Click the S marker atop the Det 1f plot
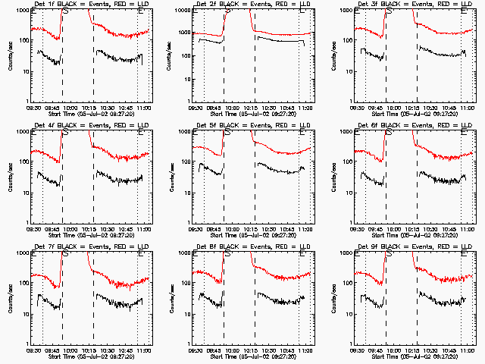[64, 11]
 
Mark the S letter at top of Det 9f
[388, 253]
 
